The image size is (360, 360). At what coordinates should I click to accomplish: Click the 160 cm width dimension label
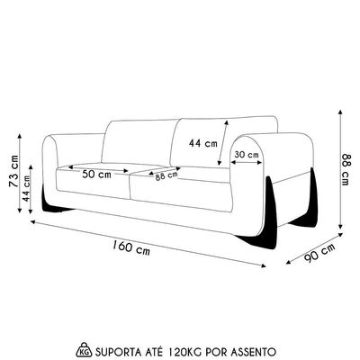131,247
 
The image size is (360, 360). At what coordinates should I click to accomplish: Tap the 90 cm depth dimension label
319,253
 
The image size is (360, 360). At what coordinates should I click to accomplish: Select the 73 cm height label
13,171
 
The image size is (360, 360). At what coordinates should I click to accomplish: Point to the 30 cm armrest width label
247,155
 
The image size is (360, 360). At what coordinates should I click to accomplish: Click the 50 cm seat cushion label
96,175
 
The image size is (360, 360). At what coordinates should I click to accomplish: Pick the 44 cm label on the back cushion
203,144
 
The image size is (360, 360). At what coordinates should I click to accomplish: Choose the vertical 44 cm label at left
26,188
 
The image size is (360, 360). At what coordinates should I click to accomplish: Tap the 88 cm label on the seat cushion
166,176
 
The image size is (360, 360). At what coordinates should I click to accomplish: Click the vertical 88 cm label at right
345,169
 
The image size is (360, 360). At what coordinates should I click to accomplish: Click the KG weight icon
85,349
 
